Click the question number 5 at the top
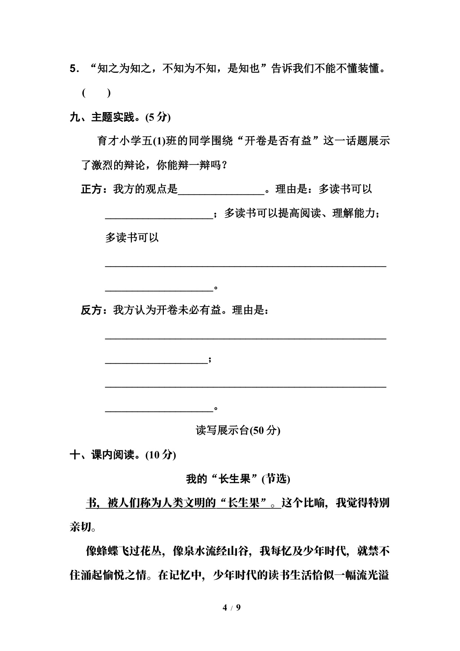tap(73, 69)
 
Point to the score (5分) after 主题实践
tap(158, 117)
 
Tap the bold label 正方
tap(91, 189)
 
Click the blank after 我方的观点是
tap(221, 190)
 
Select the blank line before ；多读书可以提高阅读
tap(159, 215)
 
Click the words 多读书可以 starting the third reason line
tap(132, 238)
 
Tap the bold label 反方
tap(91, 310)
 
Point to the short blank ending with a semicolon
tap(156, 360)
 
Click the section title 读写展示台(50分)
tap(238, 430)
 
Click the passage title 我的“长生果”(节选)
tap(238, 479)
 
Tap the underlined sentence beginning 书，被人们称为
tap(183, 503)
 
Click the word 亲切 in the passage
tap(80, 527)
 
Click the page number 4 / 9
tap(231, 607)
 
